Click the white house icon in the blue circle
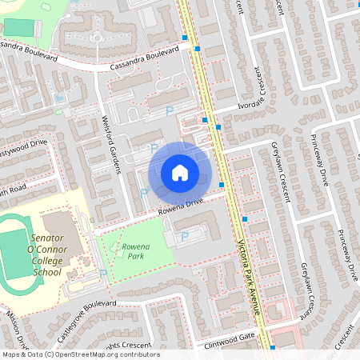(180, 173)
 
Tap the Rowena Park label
(135, 253)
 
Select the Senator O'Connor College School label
(35, 255)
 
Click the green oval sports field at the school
(15, 254)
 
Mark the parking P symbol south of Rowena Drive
(185, 236)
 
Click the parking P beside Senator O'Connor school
(102, 274)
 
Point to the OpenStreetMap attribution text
(80, 354)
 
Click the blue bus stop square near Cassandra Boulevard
(197, 48)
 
